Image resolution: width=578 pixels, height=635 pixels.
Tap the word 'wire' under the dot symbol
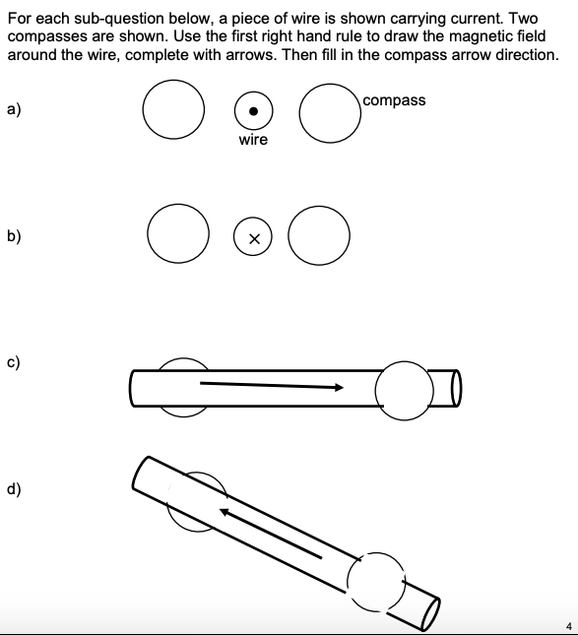[x=253, y=140]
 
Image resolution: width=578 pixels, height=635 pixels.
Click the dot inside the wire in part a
[x=253, y=111]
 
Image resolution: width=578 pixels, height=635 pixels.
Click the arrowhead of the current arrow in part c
[x=339, y=387]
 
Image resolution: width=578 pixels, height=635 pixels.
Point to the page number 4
[x=568, y=624]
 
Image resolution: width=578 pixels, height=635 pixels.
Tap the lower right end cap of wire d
[x=430, y=612]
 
